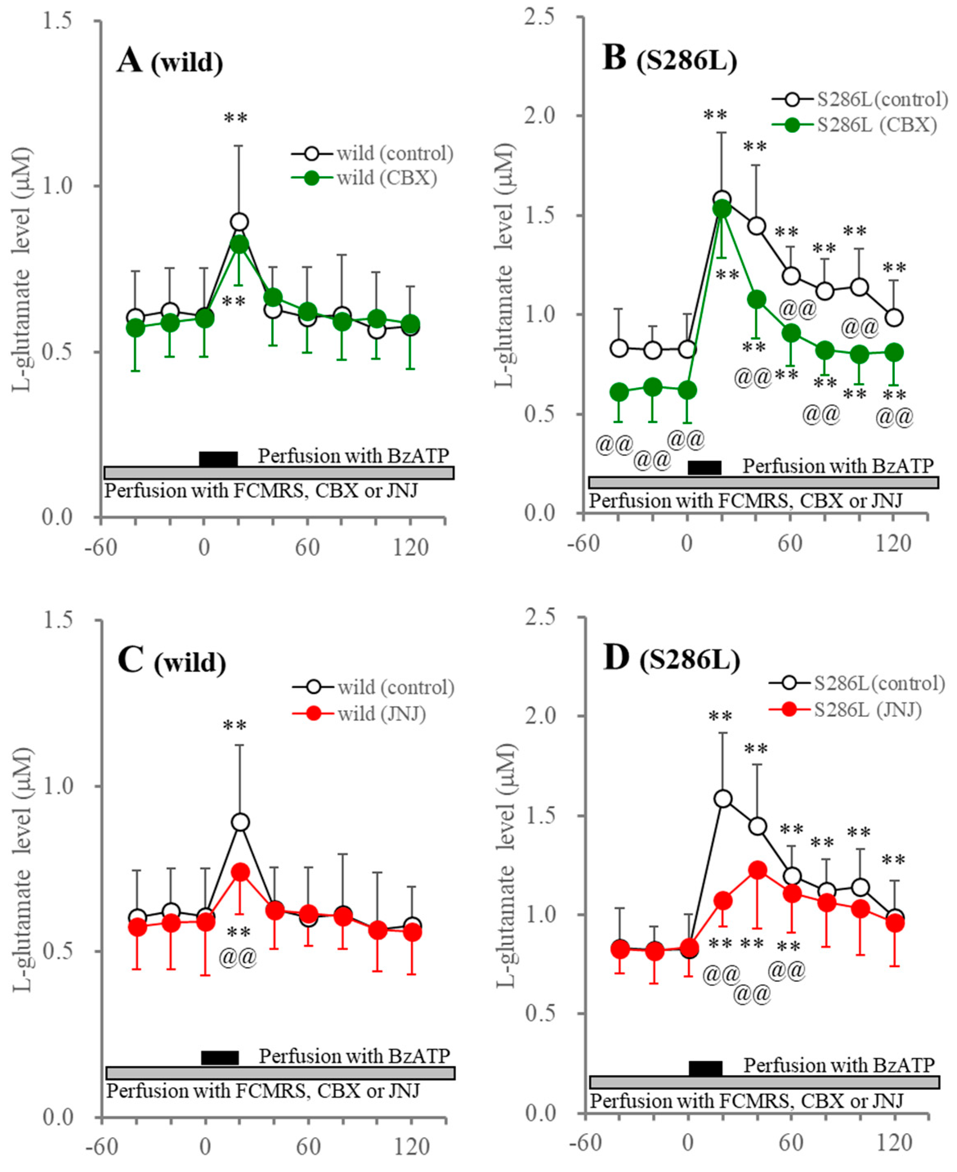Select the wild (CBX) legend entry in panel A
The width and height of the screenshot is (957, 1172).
coord(386,178)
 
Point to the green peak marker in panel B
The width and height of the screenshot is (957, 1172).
coord(722,209)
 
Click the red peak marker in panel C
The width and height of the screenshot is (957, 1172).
coord(240,872)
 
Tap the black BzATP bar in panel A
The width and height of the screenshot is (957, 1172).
coord(218,459)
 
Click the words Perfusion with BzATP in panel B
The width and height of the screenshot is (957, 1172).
coord(838,466)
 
